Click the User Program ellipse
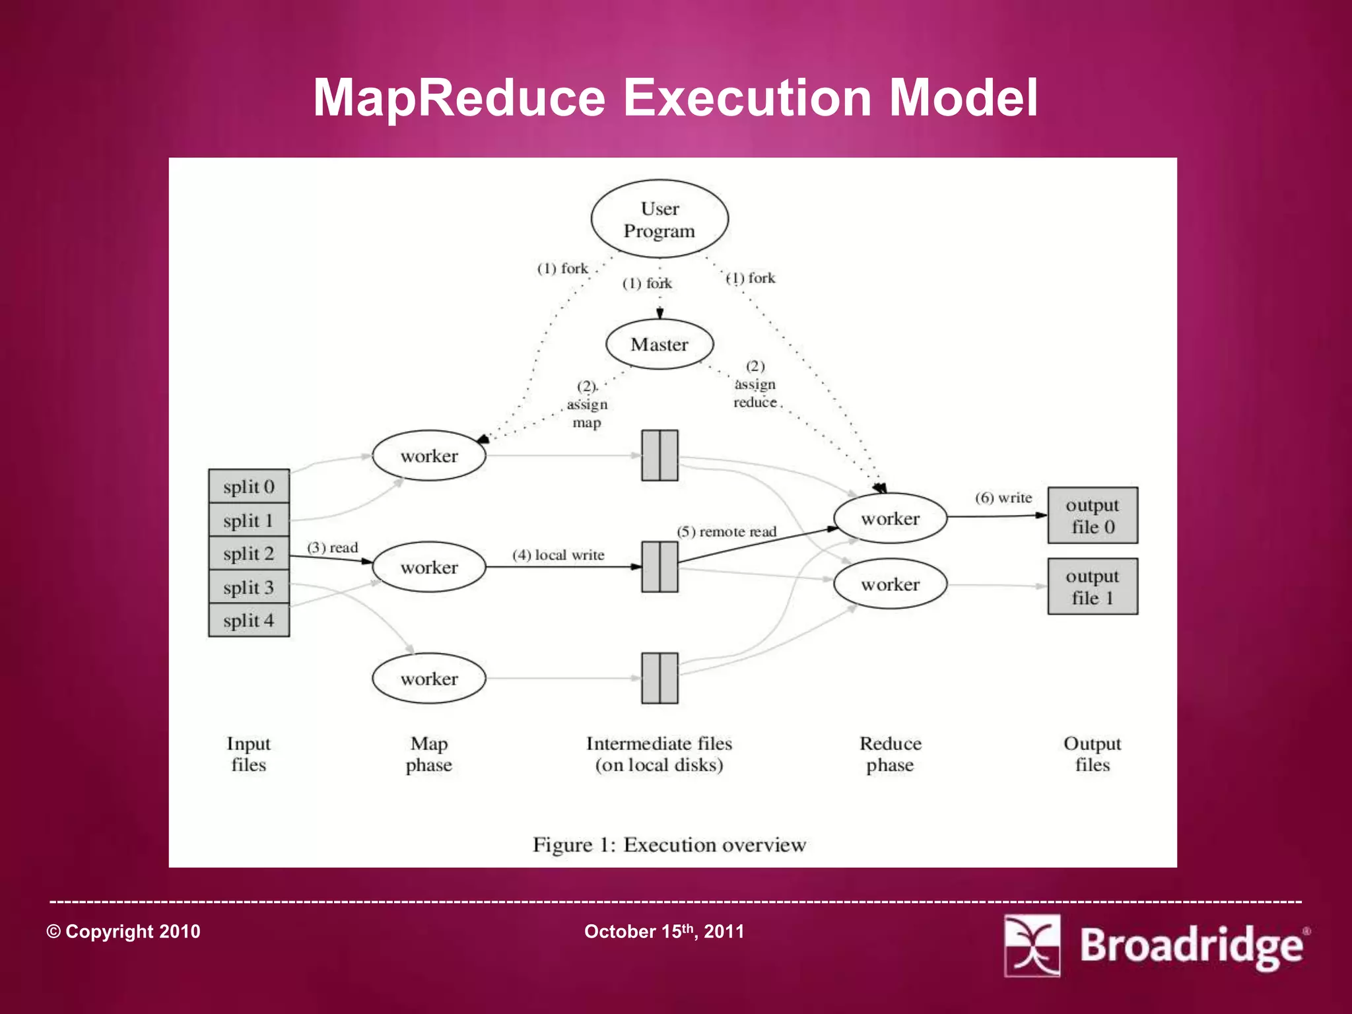tap(659, 219)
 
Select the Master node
tap(659, 344)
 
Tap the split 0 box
tap(249, 487)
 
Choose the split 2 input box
tap(249, 553)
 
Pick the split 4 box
tap(249, 621)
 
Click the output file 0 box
tap(1093, 516)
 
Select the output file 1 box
tap(1093, 586)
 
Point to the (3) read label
tap(332, 547)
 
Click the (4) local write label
tap(558, 555)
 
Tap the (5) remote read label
tap(726, 531)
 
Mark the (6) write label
tap(1003, 498)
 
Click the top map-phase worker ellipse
tap(429, 456)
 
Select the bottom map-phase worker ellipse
tap(429, 679)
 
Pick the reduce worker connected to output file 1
tap(890, 584)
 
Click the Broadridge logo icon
tap(1032, 945)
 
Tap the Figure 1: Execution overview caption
tap(669, 845)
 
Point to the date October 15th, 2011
tap(664, 931)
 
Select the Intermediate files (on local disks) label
tap(659, 754)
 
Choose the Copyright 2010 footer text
tap(123, 931)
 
